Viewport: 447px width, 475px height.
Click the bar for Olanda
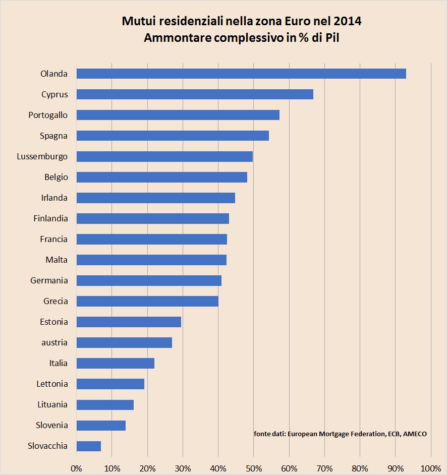click(241, 74)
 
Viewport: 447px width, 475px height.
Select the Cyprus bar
click(195, 94)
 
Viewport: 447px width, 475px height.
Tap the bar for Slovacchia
click(89, 446)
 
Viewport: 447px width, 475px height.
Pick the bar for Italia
click(115, 363)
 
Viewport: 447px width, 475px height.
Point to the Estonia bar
click(129, 322)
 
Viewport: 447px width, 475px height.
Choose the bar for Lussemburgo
click(164, 156)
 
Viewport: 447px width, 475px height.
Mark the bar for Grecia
click(147, 301)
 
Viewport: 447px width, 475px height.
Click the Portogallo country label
click(48, 115)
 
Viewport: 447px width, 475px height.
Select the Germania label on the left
click(49, 280)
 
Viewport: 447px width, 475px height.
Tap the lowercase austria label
click(54, 342)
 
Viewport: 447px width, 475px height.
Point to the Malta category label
click(57, 260)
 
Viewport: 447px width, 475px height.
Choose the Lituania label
click(52, 404)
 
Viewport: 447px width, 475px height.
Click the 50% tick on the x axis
click(253, 468)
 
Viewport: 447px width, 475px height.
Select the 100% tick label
click(430, 468)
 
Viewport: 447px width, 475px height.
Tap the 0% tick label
click(76, 468)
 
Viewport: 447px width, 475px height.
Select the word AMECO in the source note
click(415, 434)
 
